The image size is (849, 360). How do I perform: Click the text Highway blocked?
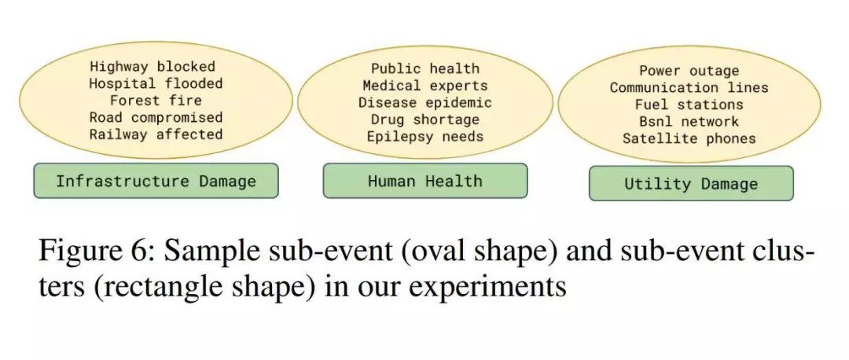[x=152, y=67]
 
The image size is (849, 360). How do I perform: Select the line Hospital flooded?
[x=156, y=83]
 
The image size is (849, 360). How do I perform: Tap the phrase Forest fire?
[x=156, y=101]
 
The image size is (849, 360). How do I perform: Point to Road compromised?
[x=156, y=118]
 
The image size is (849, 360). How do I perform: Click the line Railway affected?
[x=156, y=134]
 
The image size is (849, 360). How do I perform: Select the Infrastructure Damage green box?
[x=156, y=182]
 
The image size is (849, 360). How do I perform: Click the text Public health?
[x=425, y=69]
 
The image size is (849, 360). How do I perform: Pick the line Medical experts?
[x=425, y=86]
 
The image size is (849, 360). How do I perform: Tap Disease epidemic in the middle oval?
[x=425, y=103]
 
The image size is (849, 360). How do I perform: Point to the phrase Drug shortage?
[x=425, y=119]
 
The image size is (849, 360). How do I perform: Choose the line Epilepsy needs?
[x=425, y=137]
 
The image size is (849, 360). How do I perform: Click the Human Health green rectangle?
[x=425, y=182]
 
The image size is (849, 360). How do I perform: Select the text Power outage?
[x=689, y=71]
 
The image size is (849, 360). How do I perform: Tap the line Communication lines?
[x=689, y=88]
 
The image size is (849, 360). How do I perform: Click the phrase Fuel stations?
[x=689, y=105]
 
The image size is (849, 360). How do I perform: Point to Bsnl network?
[x=689, y=122]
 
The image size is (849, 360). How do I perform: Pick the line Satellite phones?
[x=689, y=139]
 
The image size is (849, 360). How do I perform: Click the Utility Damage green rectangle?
[x=691, y=184]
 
